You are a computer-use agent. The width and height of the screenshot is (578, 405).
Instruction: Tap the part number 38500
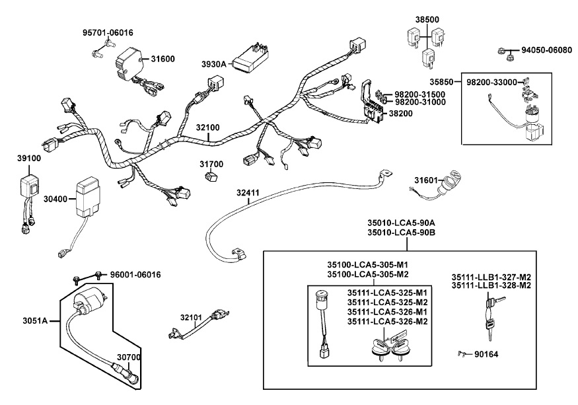click(425, 20)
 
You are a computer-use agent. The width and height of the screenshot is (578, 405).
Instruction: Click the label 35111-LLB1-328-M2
click(491, 285)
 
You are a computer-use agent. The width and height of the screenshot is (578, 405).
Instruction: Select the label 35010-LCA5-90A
click(407, 223)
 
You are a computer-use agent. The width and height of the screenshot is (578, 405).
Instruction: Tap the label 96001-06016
click(135, 274)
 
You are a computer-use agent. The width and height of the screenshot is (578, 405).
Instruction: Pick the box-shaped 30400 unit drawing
click(88, 196)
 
